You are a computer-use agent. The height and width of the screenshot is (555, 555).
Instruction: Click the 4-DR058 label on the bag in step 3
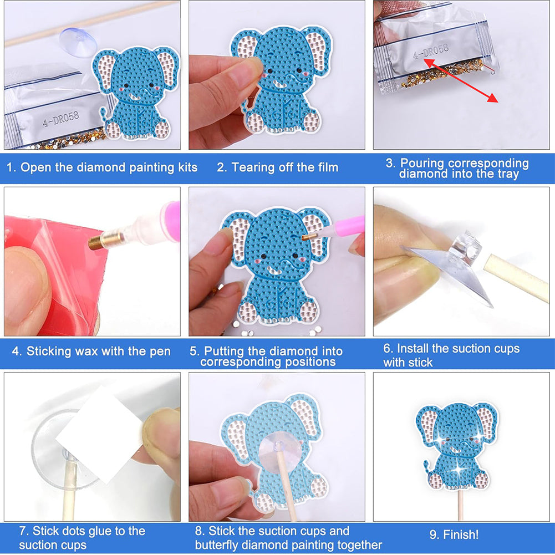(x=431, y=52)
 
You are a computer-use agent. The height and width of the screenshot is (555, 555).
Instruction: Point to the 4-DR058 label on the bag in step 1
(x=60, y=119)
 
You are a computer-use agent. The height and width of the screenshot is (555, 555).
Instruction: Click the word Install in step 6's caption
(x=413, y=349)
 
